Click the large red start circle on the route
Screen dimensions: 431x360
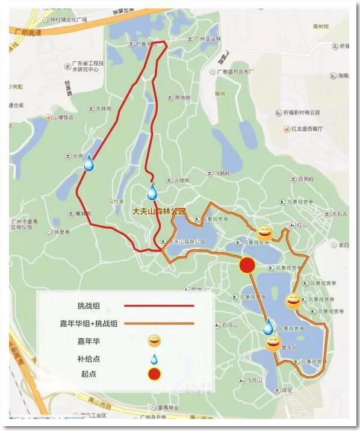(x=247, y=265)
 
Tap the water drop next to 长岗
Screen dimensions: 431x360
(x=89, y=163)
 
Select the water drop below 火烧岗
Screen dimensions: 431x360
(x=152, y=192)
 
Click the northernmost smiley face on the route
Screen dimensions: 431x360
(x=264, y=233)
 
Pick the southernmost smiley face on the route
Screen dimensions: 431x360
(x=273, y=344)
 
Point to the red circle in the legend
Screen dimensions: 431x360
(x=155, y=374)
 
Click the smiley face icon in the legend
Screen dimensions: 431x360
(x=155, y=341)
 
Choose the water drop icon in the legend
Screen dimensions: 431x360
(x=155, y=359)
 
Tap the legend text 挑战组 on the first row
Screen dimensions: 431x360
(x=89, y=306)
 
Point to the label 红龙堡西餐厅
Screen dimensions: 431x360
(x=306, y=129)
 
